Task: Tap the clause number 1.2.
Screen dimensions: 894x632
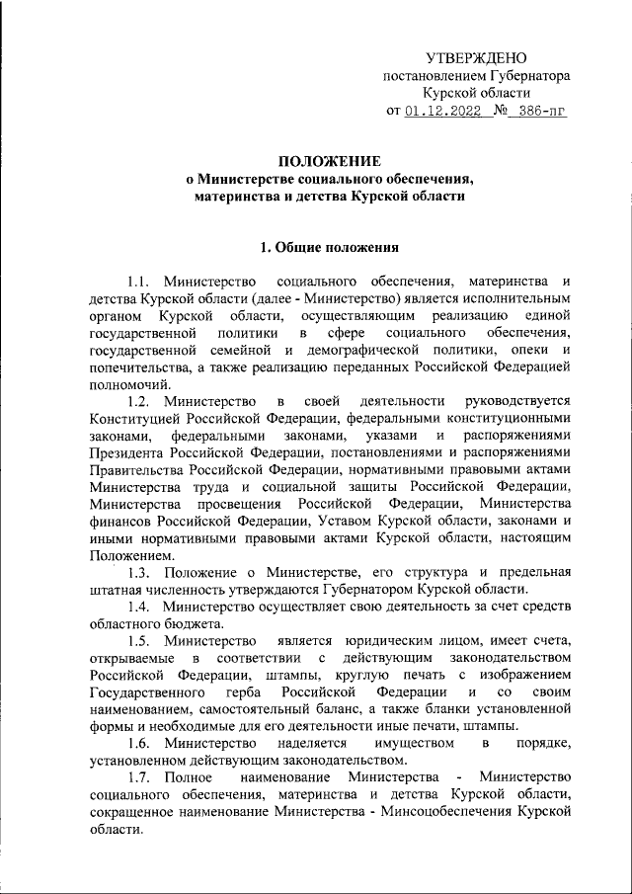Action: coord(139,402)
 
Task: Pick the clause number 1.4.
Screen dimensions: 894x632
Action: coord(139,607)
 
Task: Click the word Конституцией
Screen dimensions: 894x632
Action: coord(140,418)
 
